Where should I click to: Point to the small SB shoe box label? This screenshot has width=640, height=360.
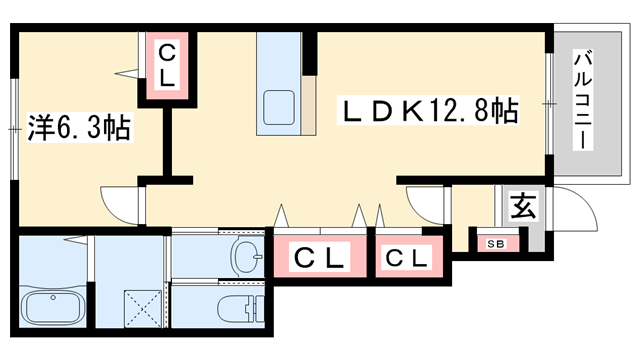(x=496, y=243)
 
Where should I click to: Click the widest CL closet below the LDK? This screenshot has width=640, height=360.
(x=319, y=257)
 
